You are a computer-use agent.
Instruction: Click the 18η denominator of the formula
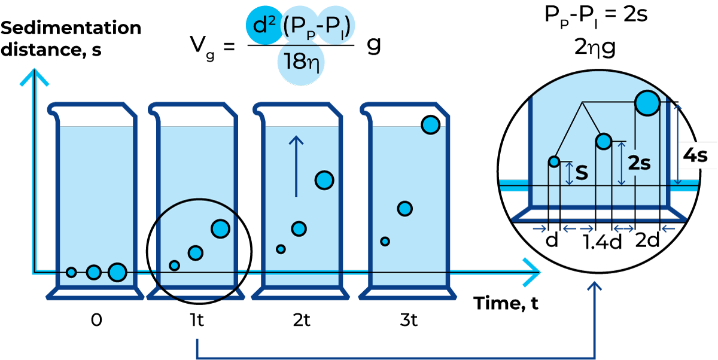[x=301, y=62]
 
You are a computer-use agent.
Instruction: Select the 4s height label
[x=695, y=156]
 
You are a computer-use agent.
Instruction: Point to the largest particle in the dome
[x=647, y=102]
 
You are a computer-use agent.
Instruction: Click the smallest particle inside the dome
[x=554, y=161]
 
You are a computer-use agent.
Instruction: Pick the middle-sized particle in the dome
[x=603, y=141]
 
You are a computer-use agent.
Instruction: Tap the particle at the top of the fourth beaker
[x=430, y=125]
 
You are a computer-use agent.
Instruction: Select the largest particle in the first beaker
[x=117, y=272]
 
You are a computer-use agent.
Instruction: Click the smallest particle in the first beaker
[x=71, y=273]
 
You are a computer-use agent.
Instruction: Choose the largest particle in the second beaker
[x=220, y=228]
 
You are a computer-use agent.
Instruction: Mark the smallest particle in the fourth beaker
[x=385, y=242]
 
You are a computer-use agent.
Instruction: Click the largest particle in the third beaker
[x=324, y=180]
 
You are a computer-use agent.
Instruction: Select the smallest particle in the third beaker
[x=281, y=249]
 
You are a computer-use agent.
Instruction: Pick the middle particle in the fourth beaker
[x=405, y=209]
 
